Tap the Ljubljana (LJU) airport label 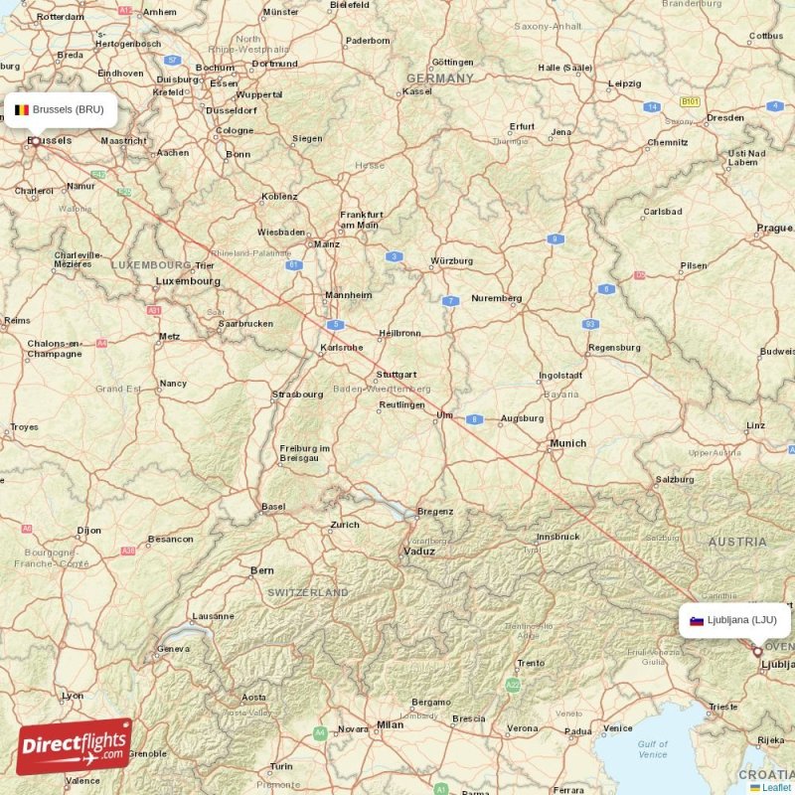pyautogui.click(x=740, y=620)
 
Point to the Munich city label pyautogui.click(x=568, y=443)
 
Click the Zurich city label pyautogui.click(x=345, y=524)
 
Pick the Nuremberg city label pyautogui.click(x=496, y=298)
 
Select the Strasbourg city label pyautogui.click(x=297, y=395)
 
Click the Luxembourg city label pyautogui.click(x=188, y=281)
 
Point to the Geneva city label pyautogui.click(x=173, y=649)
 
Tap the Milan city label pyautogui.click(x=391, y=724)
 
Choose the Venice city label pyautogui.click(x=618, y=728)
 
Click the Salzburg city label pyautogui.click(x=675, y=479)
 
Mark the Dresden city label pyautogui.click(x=725, y=117)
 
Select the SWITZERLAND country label pyautogui.click(x=308, y=592)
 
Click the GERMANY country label pyautogui.click(x=440, y=79)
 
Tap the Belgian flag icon pyautogui.click(x=21, y=109)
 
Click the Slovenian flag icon pyautogui.click(x=697, y=621)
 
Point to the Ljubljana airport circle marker pyautogui.click(x=757, y=652)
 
